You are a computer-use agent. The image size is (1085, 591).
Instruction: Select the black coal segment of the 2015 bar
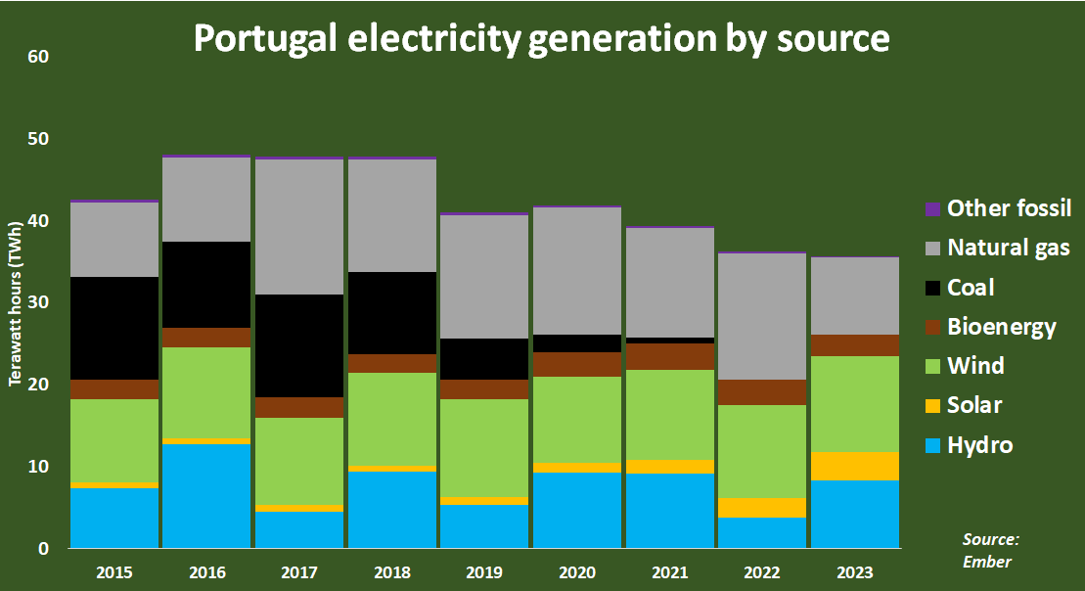(114, 328)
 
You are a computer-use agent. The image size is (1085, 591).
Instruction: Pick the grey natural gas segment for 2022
(761, 317)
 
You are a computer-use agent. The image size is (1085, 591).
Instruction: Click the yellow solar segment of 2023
(853, 466)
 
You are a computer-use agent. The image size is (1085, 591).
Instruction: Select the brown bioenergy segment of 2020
(576, 364)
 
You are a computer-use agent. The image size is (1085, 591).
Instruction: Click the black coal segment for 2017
(299, 345)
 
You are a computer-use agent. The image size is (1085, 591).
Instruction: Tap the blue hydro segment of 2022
(761, 532)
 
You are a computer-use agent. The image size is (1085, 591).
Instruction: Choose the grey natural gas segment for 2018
(391, 215)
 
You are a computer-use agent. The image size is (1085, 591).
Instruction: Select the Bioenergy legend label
(1002, 327)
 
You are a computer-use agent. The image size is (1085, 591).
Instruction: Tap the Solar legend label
(974, 405)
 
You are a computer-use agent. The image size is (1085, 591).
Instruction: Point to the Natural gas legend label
(1009, 248)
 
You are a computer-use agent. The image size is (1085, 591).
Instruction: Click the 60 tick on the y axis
(38, 58)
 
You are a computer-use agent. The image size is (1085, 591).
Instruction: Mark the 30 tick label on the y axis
(38, 303)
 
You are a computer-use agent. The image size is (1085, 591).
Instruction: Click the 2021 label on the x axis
(668, 572)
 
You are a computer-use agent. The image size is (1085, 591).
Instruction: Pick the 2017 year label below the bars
(299, 572)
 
